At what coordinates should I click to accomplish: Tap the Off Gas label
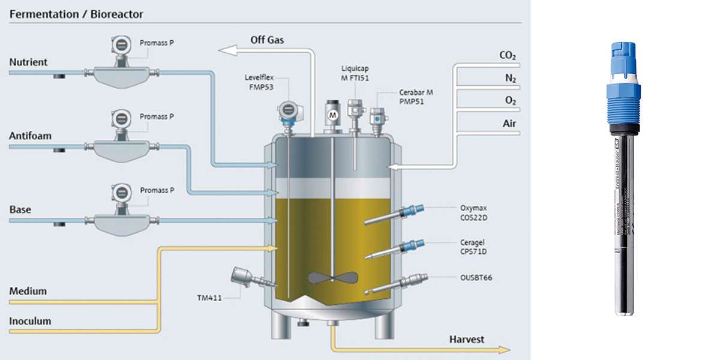click(x=267, y=40)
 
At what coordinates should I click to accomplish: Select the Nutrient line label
click(x=28, y=62)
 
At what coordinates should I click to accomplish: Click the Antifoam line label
click(x=30, y=136)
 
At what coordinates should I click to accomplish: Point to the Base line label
click(x=20, y=210)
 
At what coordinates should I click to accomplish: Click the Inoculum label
click(x=30, y=321)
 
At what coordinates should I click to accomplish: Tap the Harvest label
click(x=467, y=340)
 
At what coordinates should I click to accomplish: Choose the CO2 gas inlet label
click(x=508, y=56)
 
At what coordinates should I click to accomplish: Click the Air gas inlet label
click(x=508, y=124)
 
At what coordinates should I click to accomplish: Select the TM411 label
click(x=210, y=297)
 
